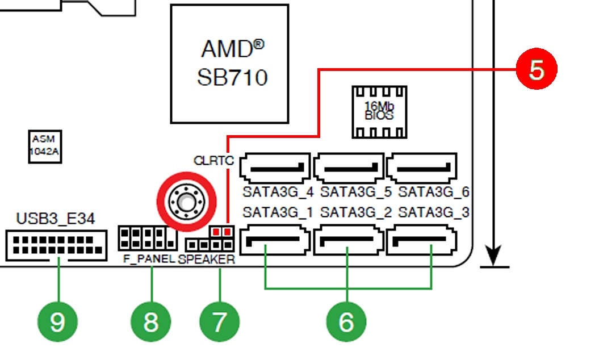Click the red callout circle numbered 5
[x=536, y=69]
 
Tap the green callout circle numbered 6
[x=346, y=322]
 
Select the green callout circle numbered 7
[x=219, y=322]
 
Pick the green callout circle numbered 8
[x=150, y=322]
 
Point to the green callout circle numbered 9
[x=57, y=322]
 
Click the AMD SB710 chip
[x=229, y=63]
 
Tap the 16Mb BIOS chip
[x=379, y=111]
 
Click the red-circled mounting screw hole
[x=186, y=201]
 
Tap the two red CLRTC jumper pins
[x=222, y=231]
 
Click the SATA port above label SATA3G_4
[x=275, y=168]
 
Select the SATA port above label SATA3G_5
[x=349, y=168]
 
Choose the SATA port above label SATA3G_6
[x=421, y=168]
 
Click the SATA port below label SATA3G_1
[x=275, y=239]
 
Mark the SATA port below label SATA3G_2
[x=349, y=239]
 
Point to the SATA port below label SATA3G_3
[x=421, y=239]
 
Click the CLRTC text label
[x=213, y=161]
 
